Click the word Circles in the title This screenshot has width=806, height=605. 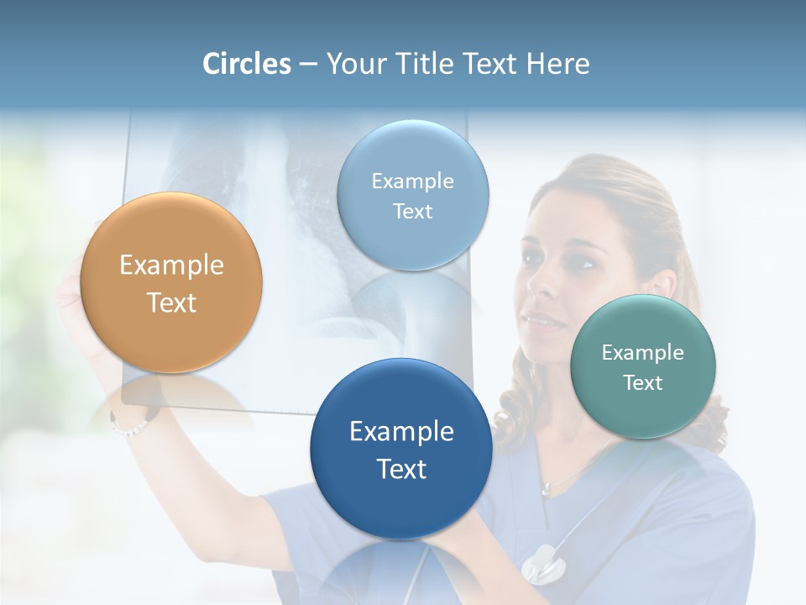[247, 64]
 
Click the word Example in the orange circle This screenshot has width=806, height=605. [171, 266]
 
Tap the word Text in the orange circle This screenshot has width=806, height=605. [171, 302]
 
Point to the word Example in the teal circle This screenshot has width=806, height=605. [642, 352]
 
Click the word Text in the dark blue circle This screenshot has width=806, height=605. [401, 469]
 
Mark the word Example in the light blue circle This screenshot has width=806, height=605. [412, 181]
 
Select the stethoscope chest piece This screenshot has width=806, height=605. [542, 563]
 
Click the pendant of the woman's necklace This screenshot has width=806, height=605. [547, 488]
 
